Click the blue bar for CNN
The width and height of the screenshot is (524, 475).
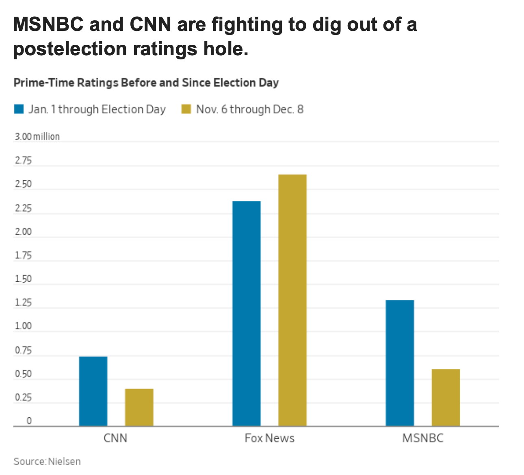click(x=93, y=391)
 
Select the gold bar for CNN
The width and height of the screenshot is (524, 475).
click(x=139, y=407)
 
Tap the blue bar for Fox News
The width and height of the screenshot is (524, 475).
click(x=246, y=314)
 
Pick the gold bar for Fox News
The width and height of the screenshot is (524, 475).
click(x=292, y=300)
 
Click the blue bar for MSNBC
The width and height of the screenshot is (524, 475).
click(x=400, y=363)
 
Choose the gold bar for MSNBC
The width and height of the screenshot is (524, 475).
click(x=446, y=397)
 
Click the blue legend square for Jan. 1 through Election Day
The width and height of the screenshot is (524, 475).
click(x=19, y=109)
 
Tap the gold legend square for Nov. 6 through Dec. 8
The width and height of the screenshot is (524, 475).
click(x=186, y=109)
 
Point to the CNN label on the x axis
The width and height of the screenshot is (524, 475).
click(x=115, y=438)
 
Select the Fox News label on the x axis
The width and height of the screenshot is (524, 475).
click(x=269, y=438)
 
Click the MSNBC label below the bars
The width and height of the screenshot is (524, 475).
click(x=422, y=438)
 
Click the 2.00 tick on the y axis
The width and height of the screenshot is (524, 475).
click(x=23, y=232)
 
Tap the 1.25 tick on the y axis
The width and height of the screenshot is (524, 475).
click(x=23, y=303)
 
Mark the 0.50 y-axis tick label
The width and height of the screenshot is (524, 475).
click(x=23, y=374)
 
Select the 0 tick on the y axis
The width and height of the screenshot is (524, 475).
click(x=29, y=421)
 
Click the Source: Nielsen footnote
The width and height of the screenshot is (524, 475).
click(x=47, y=462)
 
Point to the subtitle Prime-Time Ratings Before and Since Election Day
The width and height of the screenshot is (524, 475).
click(x=146, y=83)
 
